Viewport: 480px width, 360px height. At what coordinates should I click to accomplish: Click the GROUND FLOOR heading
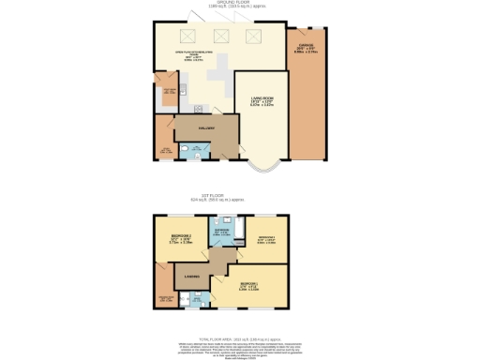click(x=239, y=3)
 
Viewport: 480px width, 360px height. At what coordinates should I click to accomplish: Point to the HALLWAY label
click(x=206, y=129)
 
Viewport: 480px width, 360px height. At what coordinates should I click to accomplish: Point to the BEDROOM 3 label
click(x=266, y=238)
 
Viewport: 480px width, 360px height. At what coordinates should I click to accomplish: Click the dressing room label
click(x=164, y=298)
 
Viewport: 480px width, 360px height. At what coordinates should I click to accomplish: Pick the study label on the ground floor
click(x=165, y=149)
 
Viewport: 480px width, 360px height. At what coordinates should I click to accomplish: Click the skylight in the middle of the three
click(x=218, y=36)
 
